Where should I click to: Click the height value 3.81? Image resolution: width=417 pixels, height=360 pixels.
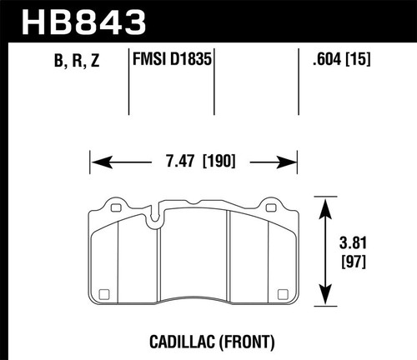tap(355, 246)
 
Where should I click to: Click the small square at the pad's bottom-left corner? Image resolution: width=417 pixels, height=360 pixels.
tap(104, 292)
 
